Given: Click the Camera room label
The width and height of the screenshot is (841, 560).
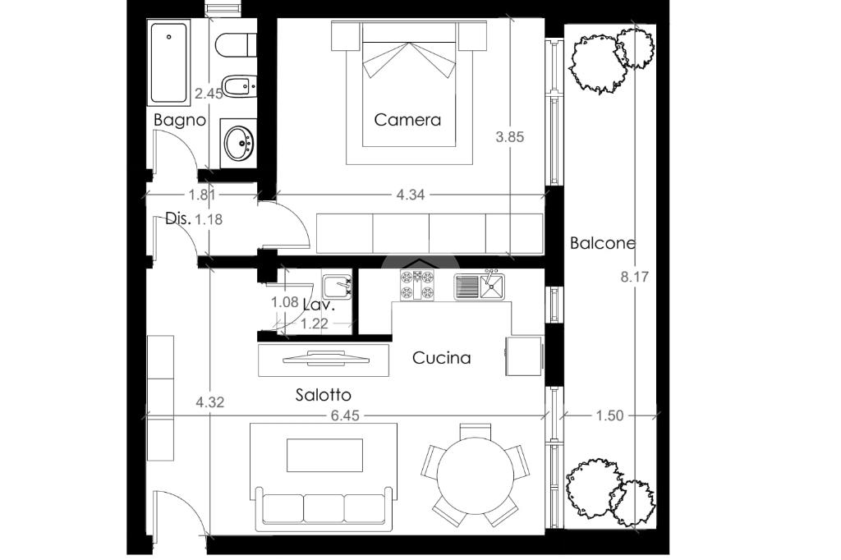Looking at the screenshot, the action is (x=407, y=120).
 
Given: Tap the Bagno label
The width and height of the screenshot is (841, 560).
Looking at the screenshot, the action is (x=179, y=120).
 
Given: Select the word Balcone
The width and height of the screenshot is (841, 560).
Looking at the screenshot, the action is (x=602, y=243).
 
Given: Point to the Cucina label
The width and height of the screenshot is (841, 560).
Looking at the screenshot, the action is (x=441, y=358).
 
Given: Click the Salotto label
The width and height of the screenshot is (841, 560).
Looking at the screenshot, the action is (x=324, y=395).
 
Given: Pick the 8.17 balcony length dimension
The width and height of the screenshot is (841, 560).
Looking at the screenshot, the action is (x=635, y=278).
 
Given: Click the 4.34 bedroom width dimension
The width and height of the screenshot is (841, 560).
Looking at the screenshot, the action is (x=411, y=195).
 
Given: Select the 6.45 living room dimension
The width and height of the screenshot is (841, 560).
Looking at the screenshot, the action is (x=345, y=415).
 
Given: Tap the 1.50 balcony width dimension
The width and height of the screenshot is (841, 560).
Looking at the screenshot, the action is (x=610, y=415).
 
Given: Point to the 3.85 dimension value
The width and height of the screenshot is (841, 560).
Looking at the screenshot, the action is (x=509, y=137).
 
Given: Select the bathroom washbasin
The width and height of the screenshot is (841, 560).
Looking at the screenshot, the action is (x=239, y=143).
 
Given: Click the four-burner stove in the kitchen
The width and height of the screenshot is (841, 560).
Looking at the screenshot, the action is (x=416, y=285).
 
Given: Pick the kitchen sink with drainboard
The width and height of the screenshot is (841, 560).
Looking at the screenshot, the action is (x=480, y=286).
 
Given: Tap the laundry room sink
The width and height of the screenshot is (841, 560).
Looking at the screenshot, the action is (x=337, y=287).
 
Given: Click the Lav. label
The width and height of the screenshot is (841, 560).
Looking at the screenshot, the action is (x=319, y=305).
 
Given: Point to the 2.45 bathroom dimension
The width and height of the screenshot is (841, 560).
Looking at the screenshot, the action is (x=209, y=94).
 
